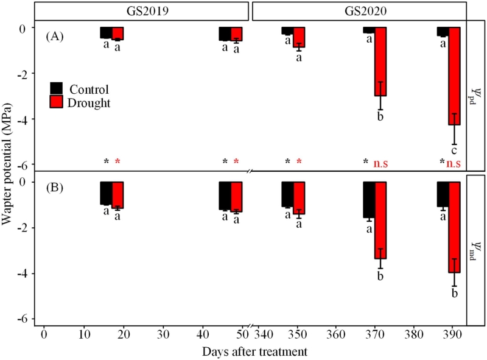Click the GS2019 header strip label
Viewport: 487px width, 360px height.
142,10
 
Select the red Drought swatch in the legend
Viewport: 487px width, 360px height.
56,102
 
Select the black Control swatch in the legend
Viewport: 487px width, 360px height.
56,88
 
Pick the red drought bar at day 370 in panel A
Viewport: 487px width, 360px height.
380,62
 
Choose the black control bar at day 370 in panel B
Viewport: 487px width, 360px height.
368,199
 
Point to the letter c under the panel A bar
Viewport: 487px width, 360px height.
454,150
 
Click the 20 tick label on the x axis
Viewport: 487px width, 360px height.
124,335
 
